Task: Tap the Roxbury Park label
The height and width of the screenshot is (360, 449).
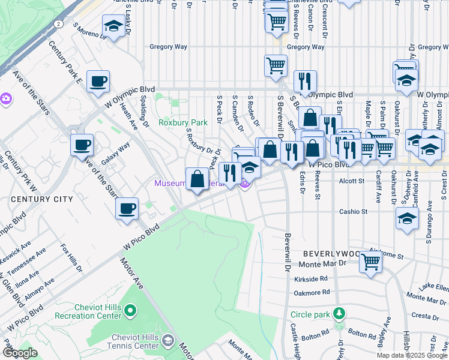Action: pyautogui.click(x=182, y=122)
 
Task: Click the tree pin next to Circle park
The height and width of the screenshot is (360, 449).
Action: pyautogui.click(x=339, y=314)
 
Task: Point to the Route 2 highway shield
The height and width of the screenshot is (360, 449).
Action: pyautogui.click(x=58, y=23)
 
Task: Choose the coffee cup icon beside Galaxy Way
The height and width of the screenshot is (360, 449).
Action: pyautogui.click(x=82, y=144)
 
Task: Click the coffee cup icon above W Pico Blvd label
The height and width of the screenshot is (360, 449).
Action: pyautogui.click(x=127, y=208)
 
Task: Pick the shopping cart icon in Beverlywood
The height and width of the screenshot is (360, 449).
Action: pyautogui.click(x=371, y=261)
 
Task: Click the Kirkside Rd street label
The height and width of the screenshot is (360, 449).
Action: pyautogui.click(x=311, y=278)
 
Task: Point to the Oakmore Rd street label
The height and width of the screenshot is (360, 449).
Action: pyautogui.click(x=312, y=292)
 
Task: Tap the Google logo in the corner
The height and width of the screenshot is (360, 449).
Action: pyautogui.click(x=19, y=353)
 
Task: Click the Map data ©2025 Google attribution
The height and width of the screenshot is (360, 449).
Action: pyautogui.click(x=412, y=355)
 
